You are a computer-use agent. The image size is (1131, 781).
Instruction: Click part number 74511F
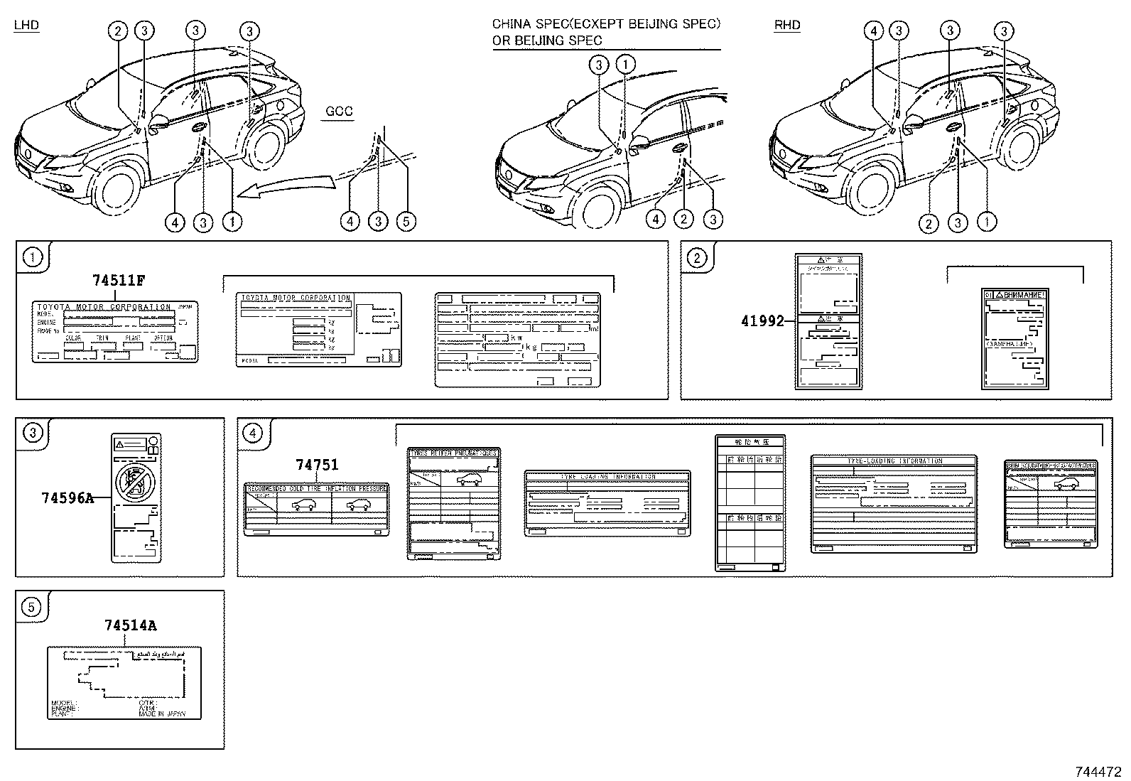pos(119,280)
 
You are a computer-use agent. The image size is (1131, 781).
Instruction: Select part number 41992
pos(762,321)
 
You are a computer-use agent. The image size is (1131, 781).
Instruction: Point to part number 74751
pos(317,465)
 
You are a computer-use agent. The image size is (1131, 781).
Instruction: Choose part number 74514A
pos(130,625)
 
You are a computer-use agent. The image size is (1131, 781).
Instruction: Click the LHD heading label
pos(27,26)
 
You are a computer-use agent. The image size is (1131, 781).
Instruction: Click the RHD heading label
pos(787,26)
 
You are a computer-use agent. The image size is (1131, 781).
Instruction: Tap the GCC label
pos(338,112)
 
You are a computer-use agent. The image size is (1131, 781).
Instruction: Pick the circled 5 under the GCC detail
pos(406,222)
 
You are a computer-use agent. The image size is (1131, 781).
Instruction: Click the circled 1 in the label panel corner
pos(33,257)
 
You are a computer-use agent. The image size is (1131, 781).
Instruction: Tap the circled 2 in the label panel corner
pos(697,258)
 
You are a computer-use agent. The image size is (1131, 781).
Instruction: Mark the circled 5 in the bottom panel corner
pos(32,607)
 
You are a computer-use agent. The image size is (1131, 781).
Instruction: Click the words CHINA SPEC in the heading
pos(526,24)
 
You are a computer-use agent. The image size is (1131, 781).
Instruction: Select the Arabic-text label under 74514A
pos(124,682)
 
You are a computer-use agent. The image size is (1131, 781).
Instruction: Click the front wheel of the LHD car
pos(114,191)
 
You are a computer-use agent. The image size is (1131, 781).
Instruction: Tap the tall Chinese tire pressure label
pos(750,503)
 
